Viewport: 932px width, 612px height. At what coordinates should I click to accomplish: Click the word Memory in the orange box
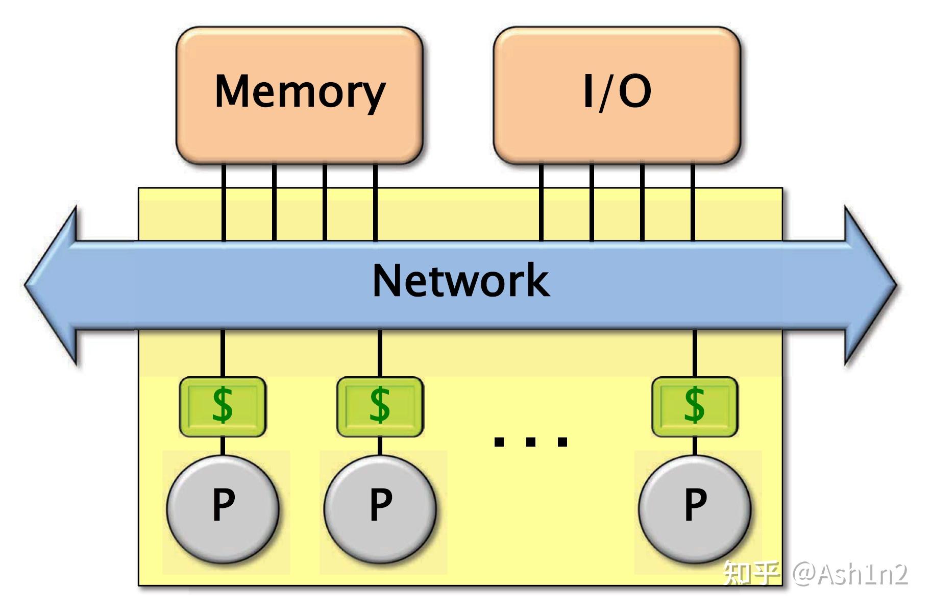(300, 92)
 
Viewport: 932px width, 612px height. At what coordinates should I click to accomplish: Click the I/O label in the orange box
(617, 92)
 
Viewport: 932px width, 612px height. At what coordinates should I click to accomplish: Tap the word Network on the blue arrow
(461, 281)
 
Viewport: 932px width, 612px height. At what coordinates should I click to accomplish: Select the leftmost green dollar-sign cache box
(223, 406)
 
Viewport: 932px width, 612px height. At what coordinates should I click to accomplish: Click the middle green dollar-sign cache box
(380, 406)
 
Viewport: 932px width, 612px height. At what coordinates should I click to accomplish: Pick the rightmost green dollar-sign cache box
(695, 406)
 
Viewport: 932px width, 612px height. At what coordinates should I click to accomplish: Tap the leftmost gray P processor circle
(223, 508)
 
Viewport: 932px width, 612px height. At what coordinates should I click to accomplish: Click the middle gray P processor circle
(380, 508)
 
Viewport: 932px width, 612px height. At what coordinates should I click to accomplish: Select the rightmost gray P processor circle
(695, 508)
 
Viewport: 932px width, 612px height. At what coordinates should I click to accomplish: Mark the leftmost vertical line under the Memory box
(224, 204)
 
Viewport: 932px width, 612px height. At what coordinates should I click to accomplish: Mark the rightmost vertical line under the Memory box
(375, 204)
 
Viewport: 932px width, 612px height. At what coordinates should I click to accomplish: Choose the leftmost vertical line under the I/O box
(541, 204)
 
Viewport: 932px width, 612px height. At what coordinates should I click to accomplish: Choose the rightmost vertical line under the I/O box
(693, 204)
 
